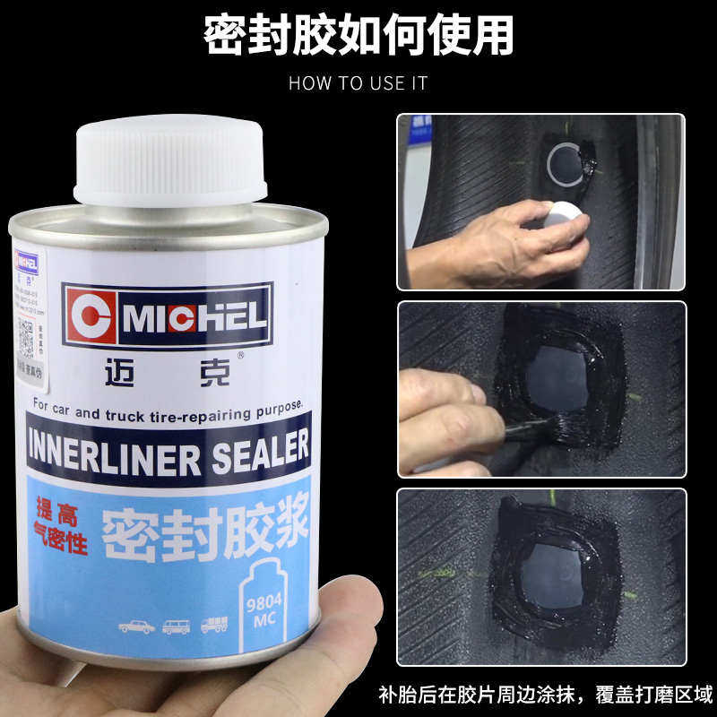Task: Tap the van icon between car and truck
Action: point(176,626)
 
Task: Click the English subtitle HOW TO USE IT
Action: point(358,83)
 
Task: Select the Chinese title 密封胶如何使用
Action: point(358,36)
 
